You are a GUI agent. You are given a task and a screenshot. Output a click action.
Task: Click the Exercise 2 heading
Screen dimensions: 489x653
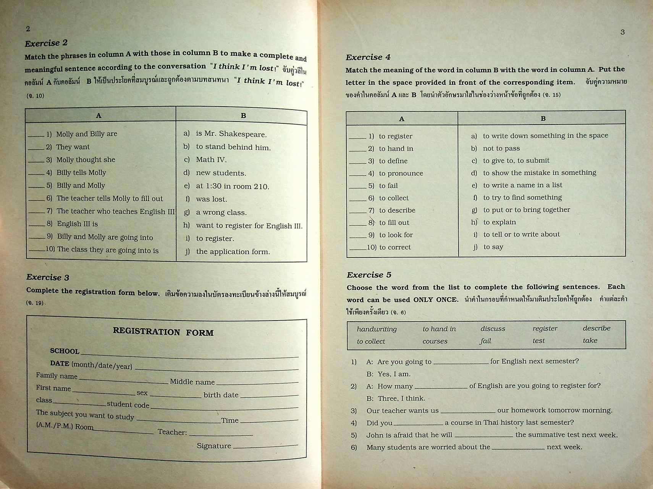(46, 43)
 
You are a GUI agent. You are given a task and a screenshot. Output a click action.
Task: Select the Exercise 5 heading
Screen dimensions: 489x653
(369, 275)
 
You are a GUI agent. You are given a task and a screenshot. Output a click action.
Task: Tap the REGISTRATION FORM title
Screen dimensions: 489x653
(163, 332)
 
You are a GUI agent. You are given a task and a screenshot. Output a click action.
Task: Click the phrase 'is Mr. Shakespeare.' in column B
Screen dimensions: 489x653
(231, 134)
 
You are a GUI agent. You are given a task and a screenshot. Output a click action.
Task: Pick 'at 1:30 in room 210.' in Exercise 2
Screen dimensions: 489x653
(232, 186)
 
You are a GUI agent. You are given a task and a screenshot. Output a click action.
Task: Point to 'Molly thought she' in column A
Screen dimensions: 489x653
(86, 160)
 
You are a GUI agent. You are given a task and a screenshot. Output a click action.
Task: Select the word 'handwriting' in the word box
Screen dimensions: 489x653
(377, 329)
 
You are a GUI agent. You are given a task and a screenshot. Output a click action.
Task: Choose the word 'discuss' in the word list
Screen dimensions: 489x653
(493, 329)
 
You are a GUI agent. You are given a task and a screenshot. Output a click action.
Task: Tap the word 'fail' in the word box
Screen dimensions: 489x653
(485, 341)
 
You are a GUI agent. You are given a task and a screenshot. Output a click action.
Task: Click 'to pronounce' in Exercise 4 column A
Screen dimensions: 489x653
(401, 173)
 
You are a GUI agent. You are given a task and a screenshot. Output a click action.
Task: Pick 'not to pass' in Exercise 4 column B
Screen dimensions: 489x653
(501, 148)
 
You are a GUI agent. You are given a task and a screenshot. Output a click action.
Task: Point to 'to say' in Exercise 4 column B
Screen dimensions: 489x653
(493, 247)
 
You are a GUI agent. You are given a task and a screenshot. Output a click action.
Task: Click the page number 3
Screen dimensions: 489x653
(622, 32)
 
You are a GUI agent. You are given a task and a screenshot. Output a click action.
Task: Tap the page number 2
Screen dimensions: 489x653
(28, 29)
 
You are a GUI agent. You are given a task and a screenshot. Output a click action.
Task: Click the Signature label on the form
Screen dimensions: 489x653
(214, 446)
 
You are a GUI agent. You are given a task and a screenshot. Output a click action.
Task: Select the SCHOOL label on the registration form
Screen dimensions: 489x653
(65, 351)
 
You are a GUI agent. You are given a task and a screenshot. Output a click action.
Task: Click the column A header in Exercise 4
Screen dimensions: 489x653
(401, 119)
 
